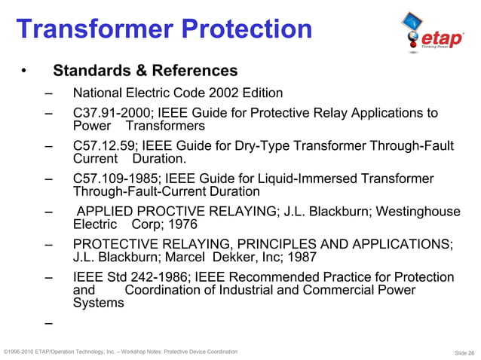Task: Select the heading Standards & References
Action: click(x=145, y=71)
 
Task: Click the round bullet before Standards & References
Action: click(x=24, y=72)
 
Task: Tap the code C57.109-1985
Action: click(x=108, y=178)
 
